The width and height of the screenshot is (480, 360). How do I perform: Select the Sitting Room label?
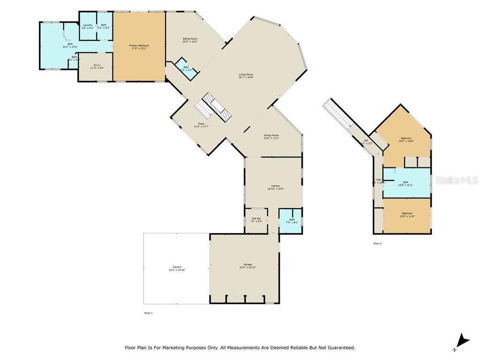click(190, 40)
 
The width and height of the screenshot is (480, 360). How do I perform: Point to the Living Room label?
click(246, 75)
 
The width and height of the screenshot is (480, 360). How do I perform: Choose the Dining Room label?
click(271, 136)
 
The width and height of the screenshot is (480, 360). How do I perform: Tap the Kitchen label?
click(275, 187)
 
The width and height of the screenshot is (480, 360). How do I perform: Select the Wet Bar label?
click(256, 219)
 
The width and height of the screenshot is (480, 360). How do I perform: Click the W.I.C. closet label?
click(97, 66)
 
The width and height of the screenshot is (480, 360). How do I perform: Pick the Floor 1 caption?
click(148, 313)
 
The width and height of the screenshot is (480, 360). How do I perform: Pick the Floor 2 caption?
click(377, 243)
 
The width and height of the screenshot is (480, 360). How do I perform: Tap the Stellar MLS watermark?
click(456, 180)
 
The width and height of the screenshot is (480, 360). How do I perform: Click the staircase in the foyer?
click(214, 108)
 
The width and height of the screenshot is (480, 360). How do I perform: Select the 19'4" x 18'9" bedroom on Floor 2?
click(405, 139)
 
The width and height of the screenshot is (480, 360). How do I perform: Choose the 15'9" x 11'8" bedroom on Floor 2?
click(407, 215)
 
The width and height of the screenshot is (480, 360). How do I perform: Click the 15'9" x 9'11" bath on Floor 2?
click(405, 183)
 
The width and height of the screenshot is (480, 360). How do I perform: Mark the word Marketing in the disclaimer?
click(193, 348)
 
